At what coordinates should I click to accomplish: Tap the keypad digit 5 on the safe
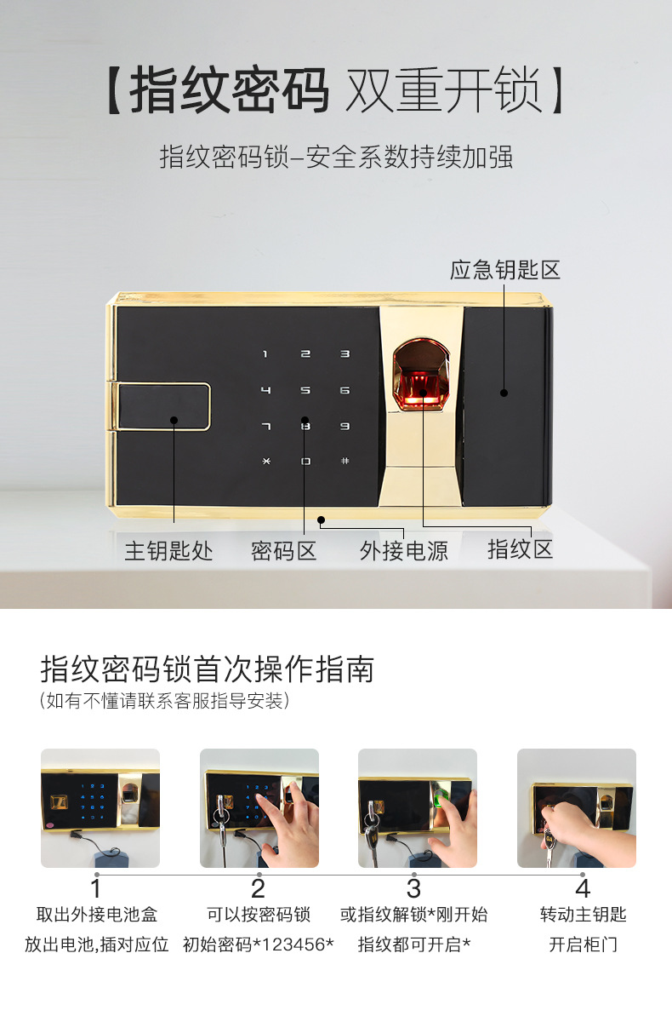pyautogui.click(x=305, y=391)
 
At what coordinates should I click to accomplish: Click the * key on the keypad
pyautogui.click(x=266, y=462)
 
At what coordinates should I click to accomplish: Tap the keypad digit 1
pyautogui.click(x=265, y=354)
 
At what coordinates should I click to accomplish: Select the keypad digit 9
pyautogui.click(x=345, y=426)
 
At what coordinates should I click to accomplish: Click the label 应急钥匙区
pyautogui.click(x=504, y=270)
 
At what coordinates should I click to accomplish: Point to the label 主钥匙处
pyautogui.click(x=168, y=551)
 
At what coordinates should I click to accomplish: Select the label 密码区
pyautogui.click(x=284, y=551)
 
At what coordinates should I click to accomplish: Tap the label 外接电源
pyautogui.click(x=404, y=551)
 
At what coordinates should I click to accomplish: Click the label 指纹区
pyautogui.click(x=521, y=548)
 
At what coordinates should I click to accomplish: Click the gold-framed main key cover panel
pyautogui.click(x=163, y=407)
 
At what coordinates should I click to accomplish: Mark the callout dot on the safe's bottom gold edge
pyautogui.click(x=322, y=520)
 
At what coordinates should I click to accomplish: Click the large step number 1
pyautogui.click(x=95, y=889)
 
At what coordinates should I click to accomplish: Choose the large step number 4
pyautogui.click(x=583, y=889)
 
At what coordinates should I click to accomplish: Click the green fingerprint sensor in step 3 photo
pyautogui.click(x=439, y=797)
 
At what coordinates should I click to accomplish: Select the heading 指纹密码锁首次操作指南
pyautogui.click(x=208, y=669)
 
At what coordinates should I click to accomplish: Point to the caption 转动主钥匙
pyautogui.click(x=584, y=915)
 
